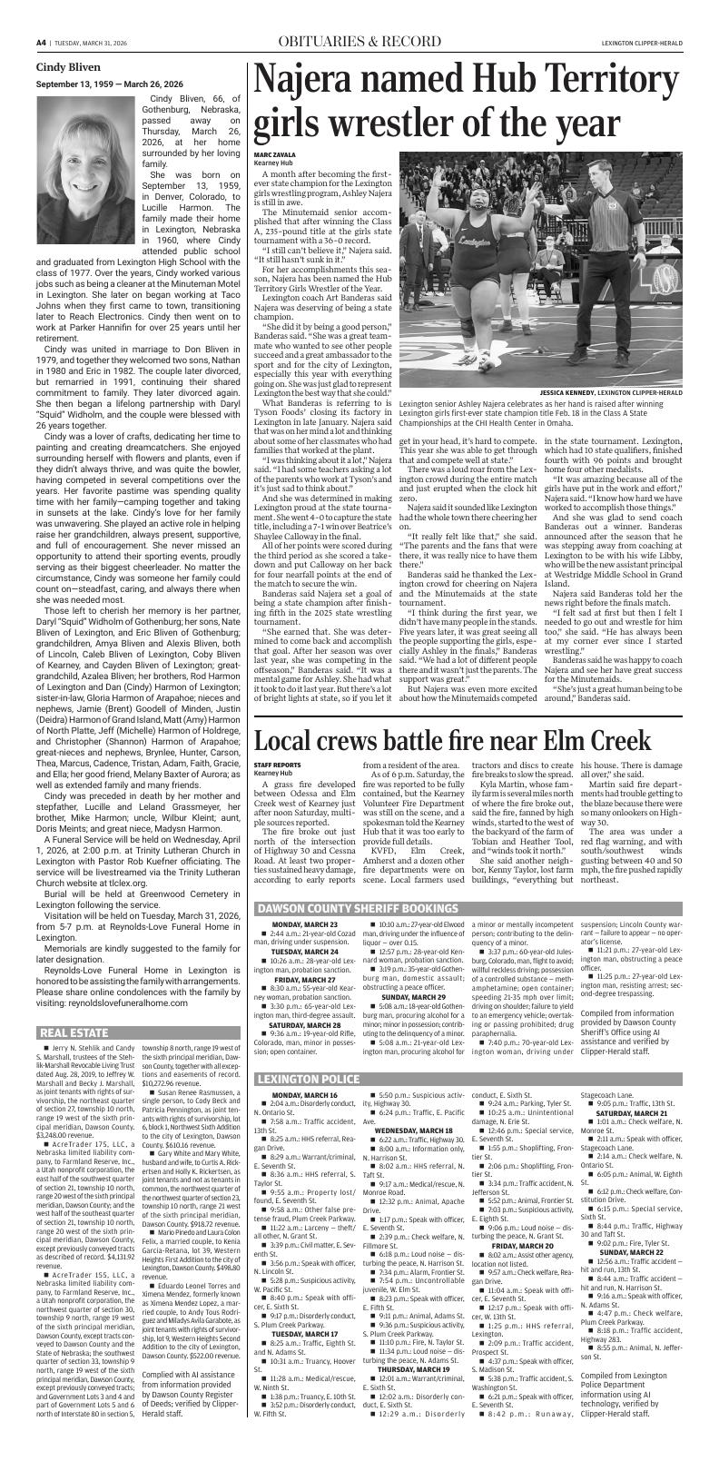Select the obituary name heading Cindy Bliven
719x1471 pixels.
(69, 66)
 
